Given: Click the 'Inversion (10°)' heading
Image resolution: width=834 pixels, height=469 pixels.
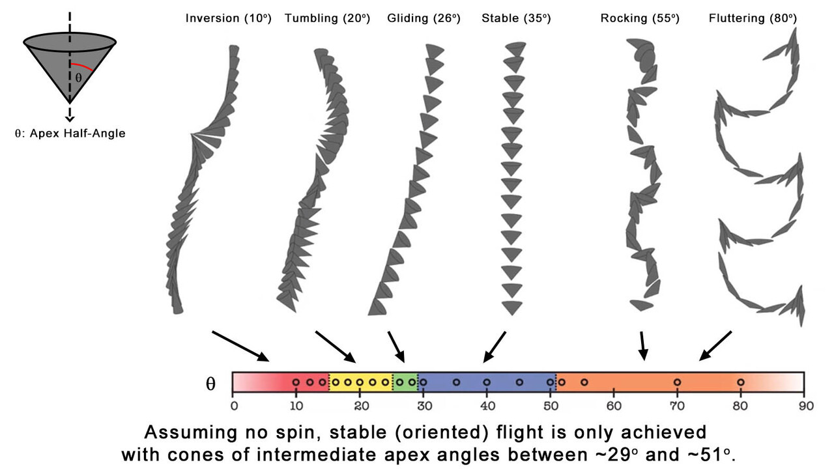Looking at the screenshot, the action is point(229,18).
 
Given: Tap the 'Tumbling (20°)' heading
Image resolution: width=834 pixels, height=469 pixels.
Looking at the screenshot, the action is point(328,18).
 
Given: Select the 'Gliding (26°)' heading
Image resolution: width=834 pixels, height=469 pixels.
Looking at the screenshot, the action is point(424,18).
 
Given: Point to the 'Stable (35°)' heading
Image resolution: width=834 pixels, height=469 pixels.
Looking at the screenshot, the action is point(516,18).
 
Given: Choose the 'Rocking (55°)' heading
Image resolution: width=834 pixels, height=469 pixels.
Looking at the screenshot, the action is point(640,18).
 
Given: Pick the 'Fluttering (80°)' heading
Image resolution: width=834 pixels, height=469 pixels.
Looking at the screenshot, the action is point(753,18).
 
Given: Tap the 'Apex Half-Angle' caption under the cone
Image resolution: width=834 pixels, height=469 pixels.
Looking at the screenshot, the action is point(78,134).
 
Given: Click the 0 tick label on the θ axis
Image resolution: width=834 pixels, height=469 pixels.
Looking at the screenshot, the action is point(234,406).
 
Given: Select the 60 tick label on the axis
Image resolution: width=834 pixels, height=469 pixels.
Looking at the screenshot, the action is point(614,406).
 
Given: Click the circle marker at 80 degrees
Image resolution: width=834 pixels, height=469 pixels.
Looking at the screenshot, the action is point(741,382).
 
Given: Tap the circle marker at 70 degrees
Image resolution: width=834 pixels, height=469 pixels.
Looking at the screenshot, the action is point(677,382).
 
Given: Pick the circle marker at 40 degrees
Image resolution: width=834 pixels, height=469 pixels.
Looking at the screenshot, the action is point(487,382).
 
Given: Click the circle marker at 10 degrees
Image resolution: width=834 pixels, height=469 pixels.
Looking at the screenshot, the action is point(296,382).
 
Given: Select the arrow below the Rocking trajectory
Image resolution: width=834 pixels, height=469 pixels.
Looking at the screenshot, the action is point(643,346).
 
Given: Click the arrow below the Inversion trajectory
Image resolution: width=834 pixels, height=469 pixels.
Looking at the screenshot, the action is point(240,346).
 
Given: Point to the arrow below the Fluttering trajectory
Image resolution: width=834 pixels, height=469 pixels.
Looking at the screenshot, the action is point(715,346).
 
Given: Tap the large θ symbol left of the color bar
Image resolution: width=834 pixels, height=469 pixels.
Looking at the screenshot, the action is point(210,384).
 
